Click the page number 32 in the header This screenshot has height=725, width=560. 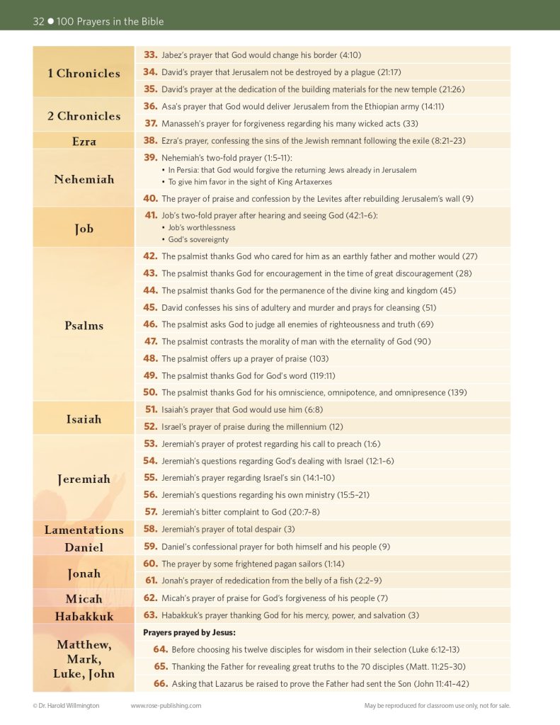pyautogui.click(x=39, y=21)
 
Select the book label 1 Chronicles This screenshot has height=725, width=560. pyautogui.click(x=84, y=73)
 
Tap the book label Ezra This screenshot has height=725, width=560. pyautogui.click(x=84, y=141)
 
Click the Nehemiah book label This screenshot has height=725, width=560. pyautogui.click(x=84, y=179)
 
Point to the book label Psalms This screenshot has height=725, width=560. pyautogui.click(x=84, y=326)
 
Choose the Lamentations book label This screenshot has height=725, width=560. pyautogui.click(x=84, y=530)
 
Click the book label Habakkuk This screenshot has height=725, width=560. pyautogui.click(x=84, y=616)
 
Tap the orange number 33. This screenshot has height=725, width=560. pyautogui.click(x=150, y=55)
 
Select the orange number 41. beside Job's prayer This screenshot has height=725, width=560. pyautogui.click(x=150, y=215)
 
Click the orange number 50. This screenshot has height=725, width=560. pyautogui.click(x=150, y=392)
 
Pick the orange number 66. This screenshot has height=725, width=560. pyautogui.click(x=160, y=683)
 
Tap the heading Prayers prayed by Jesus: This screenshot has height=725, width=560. pyautogui.click(x=189, y=632)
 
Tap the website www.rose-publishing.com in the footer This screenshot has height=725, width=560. pyautogui.click(x=166, y=705)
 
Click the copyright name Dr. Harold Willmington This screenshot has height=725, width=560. pyautogui.click(x=70, y=705)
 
